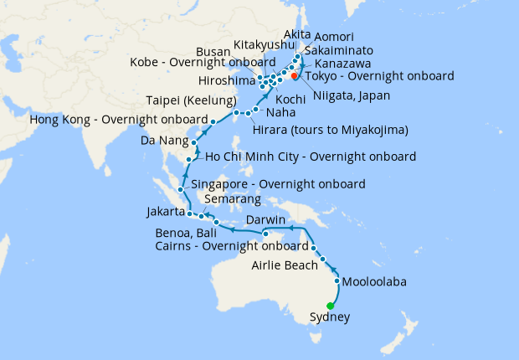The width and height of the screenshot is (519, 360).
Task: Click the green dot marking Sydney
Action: click(318, 305)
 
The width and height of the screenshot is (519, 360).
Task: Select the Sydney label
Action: click(330, 317)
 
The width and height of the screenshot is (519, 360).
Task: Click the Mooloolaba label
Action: click(374, 282)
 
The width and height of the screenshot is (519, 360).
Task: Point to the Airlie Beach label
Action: click(285, 265)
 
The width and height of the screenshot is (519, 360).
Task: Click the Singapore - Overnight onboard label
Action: click(278, 184)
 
